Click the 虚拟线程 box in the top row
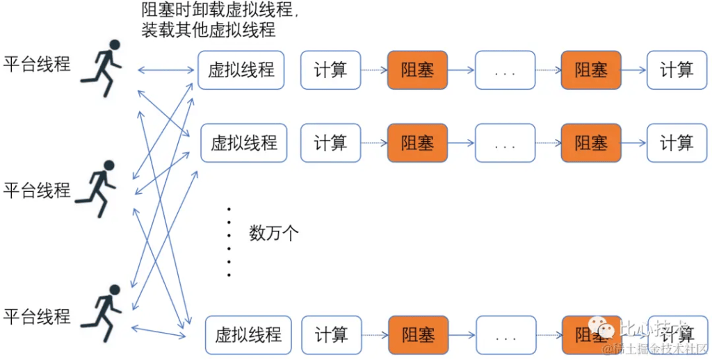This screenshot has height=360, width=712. pos(241,69)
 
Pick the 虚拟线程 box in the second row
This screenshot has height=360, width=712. pos(244,143)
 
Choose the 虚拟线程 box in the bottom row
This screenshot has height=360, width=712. pos(248,335)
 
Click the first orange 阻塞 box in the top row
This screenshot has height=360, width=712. pos(417,69)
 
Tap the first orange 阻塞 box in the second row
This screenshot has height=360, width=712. pos(417,143)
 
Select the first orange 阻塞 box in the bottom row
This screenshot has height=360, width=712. pos(418,335)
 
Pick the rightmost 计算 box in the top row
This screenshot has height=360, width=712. pos(677,69)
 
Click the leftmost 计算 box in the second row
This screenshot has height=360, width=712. pos(330,143)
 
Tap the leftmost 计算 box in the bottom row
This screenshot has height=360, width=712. pos(331,335)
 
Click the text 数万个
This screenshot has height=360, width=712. pos(274,233)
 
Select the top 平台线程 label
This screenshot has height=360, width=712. pos(37,65)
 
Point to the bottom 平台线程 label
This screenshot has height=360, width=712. pos(37,317)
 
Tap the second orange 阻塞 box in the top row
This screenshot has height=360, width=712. pos(591,69)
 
